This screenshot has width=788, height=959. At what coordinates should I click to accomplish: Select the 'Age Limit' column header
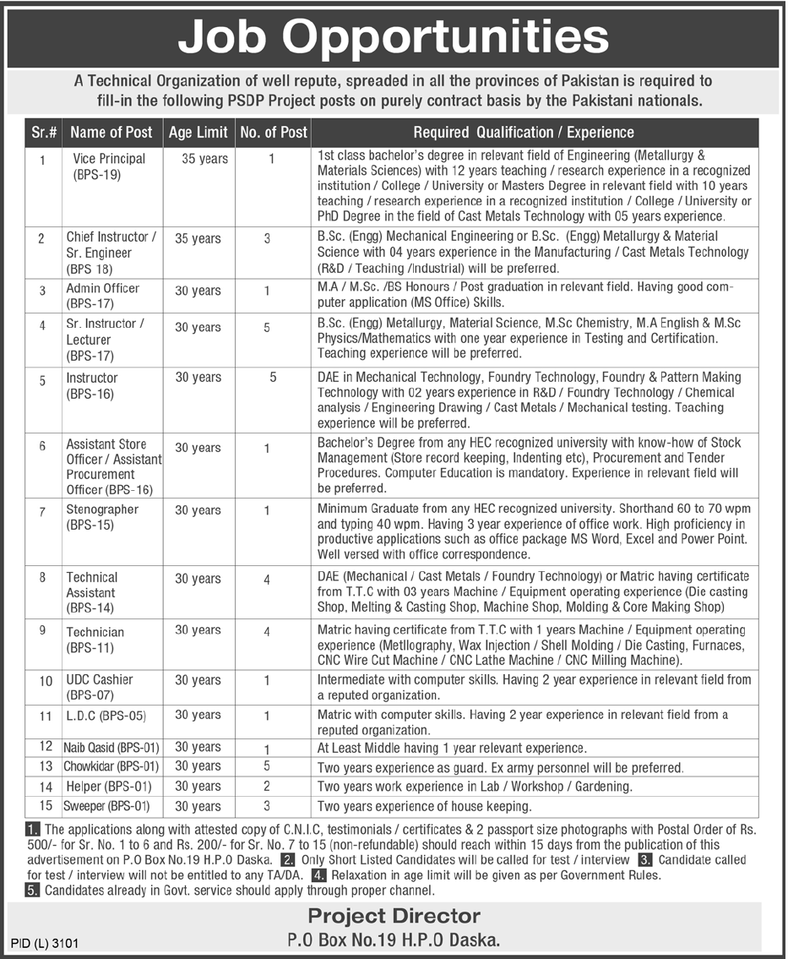pyautogui.click(x=198, y=132)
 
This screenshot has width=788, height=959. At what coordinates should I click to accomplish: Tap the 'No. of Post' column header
pyautogui.click(x=274, y=132)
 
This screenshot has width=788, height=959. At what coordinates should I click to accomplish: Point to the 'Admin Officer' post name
pyautogui.click(x=103, y=288)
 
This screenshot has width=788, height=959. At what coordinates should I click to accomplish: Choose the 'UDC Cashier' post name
pyautogui.click(x=100, y=679)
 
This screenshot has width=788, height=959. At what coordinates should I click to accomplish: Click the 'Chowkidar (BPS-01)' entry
pyautogui.click(x=111, y=766)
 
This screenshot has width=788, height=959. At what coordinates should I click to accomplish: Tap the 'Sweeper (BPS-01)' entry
pyautogui.click(x=108, y=806)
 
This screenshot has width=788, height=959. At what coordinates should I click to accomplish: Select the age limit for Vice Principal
pyautogui.click(x=204, y=159)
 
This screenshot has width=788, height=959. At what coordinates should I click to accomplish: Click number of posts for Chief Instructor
pyautogui.click(x=267, y=239)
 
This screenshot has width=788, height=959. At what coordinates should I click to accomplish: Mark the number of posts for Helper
pyautogui.click(x=267, y=786)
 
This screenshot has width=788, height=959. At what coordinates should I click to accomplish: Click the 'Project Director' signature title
pyautogui.click(x=394, y=916)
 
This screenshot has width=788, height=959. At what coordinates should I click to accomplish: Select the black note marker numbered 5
pyautogui.click(x=34, y=891)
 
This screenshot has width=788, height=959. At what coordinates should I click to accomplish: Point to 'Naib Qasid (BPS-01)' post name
pyautogui.click(x=111, y=747)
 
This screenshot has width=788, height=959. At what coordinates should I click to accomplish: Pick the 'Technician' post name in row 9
pyautogui.click(x=95, y=632)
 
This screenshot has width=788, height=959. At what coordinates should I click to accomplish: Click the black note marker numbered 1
pyautogui.click(x=34, y=829)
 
